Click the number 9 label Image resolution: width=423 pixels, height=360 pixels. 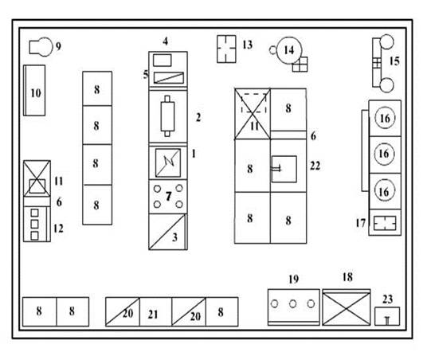[x=58, y=46]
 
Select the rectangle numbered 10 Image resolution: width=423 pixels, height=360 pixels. [x=34, y=90]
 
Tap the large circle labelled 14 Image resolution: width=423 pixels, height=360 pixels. [x=289, y=50]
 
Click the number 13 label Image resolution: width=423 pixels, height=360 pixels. [x=247, y=45]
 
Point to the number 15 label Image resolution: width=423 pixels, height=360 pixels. [x=394, y=61]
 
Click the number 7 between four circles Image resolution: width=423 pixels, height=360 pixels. [x=169, y=196]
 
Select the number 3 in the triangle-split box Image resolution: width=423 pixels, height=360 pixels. [x=174, y=237]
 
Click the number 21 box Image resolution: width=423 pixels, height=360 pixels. [x=155, y=311]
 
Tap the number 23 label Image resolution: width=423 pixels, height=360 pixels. [x=387, y=299]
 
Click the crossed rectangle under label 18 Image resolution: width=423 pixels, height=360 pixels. [x=347, y=308]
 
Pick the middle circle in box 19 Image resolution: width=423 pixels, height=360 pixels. [x=292, y=304]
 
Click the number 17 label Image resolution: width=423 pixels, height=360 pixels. [x=360, y=223]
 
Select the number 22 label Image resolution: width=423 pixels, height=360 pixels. [x=315, y=166]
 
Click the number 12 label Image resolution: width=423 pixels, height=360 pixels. [x=58, y=229]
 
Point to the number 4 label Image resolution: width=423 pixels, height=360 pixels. [x=166, y=41]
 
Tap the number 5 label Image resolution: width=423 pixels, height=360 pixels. [x=146, y=74]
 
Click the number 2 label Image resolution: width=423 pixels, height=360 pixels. [x=198, y=117]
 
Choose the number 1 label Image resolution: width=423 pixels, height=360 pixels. [x=194, y=154]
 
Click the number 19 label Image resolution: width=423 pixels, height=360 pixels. [x=293, y=279]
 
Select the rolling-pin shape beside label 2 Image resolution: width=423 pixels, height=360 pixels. [x=167, y=116]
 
